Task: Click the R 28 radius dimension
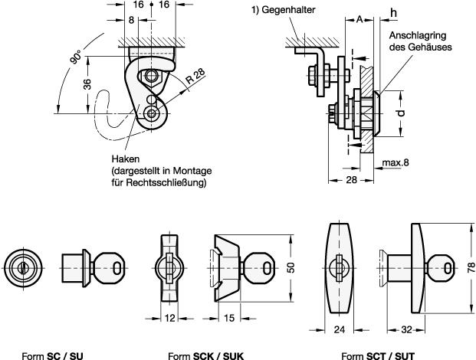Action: [195, 77]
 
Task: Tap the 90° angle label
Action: [76, 57]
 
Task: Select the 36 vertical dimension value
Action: [87, 84]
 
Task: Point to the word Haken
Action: [126, 159]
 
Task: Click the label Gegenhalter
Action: [288, 10]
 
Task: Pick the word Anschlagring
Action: [418, 35]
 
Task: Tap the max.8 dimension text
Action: [396, 163]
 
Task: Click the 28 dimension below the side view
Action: [351, 180]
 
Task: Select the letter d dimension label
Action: [401, 113]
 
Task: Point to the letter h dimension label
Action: [393, 13]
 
